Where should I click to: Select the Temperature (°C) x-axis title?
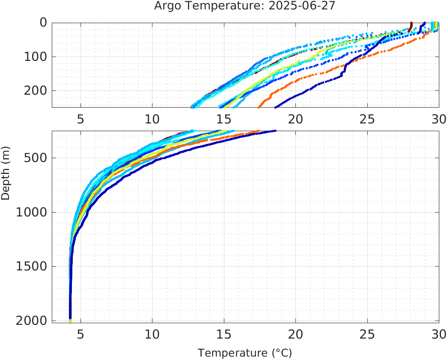point(245,353)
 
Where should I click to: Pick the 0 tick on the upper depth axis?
point(43,23)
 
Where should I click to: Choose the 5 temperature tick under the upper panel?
point(80,119)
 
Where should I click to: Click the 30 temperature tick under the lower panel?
point(438,334)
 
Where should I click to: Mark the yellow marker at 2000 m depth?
point(70,321)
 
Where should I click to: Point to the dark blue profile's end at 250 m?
point(276,107)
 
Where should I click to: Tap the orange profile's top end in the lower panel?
point(258,131)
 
